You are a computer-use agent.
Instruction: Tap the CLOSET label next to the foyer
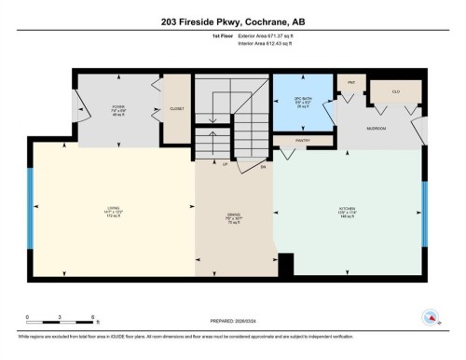pos(177,109)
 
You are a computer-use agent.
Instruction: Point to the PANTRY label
pos(303,142)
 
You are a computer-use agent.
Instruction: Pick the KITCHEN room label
pos(347,211)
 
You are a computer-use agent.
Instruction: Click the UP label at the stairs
pos(226,163)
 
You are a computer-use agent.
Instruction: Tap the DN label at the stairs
pos(263,167)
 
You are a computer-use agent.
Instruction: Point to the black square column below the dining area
pos(286,264)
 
